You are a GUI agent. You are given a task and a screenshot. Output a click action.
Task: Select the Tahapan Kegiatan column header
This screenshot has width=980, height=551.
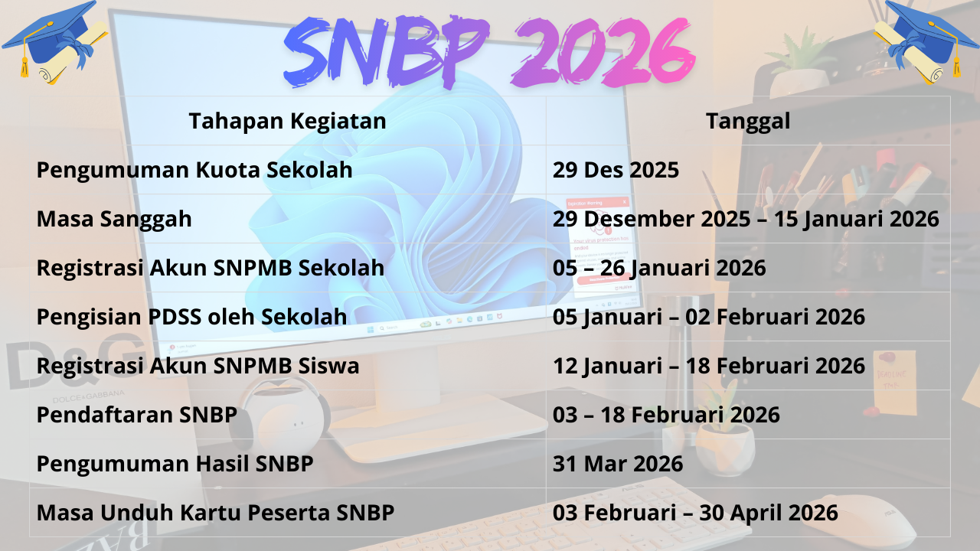(287, 121)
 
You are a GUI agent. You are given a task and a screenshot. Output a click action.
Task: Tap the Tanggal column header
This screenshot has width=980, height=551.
(748, 121)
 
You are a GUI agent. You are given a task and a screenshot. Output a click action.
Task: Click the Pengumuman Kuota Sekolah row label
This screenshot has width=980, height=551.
(194, 170)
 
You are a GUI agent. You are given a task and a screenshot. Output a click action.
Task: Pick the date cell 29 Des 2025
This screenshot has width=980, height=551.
(616, 170)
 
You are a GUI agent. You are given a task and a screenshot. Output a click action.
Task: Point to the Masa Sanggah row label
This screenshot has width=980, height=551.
(114, 219)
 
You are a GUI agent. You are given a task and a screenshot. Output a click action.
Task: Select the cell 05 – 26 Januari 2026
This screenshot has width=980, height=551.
(659, 268)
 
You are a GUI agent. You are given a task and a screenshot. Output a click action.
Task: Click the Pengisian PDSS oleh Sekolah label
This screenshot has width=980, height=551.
(191, 317)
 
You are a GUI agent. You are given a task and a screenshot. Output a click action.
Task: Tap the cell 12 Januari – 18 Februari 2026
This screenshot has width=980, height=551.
(709, 366)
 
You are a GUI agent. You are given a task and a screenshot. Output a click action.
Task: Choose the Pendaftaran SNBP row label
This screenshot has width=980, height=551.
(136, 415)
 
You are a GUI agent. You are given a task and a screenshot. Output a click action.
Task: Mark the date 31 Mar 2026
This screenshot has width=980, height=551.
(618, 464)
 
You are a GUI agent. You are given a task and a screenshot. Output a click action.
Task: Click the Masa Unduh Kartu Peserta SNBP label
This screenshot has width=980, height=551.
(215, 513)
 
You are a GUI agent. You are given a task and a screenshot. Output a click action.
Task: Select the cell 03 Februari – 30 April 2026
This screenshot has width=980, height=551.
(695, 513)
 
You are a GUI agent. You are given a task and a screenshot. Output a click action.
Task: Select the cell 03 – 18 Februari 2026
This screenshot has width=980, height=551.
(666, 415)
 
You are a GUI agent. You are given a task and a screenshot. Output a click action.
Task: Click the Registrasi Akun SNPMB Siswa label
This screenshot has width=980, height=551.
(198, 366)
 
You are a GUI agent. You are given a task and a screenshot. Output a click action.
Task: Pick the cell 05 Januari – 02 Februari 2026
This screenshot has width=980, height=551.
(709, 317)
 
